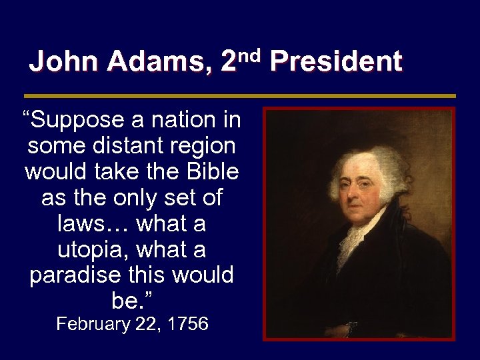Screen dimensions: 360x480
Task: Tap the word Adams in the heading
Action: tap(158, 62)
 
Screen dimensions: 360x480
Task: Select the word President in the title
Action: tap(336, 62)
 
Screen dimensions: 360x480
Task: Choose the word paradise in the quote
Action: tap(73, 275)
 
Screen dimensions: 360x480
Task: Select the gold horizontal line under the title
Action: tap(239, 96)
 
